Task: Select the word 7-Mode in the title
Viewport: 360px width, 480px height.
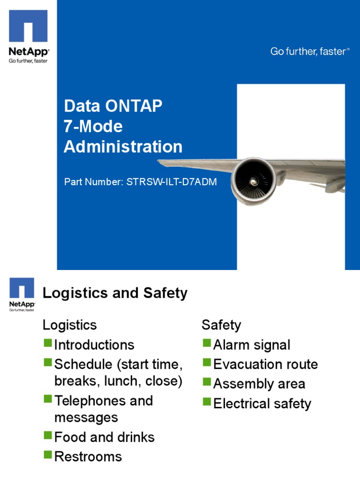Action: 93,126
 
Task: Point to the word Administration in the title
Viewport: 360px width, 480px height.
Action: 123,147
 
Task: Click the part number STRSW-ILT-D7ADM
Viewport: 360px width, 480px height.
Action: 172,182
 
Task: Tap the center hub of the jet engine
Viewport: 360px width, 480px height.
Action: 254,181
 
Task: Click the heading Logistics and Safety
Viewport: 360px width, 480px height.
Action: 115,293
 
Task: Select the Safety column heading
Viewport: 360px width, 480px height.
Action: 221,325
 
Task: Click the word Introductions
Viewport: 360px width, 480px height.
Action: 94,345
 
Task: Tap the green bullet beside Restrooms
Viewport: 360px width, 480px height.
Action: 48,454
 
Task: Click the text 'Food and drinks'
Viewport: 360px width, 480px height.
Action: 104,437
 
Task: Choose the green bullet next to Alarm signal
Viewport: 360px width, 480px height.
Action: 207,343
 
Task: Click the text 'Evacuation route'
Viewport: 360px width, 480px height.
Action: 265,364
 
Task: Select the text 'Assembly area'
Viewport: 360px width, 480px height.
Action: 259,384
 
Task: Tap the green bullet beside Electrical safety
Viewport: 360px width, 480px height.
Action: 207,401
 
